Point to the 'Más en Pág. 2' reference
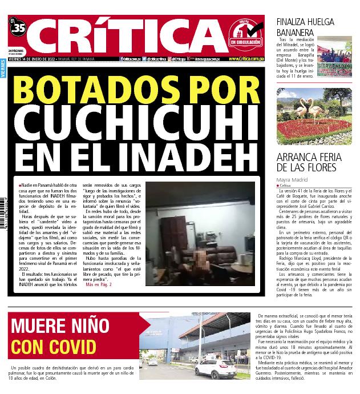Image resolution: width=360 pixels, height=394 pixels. pos(99,284)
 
